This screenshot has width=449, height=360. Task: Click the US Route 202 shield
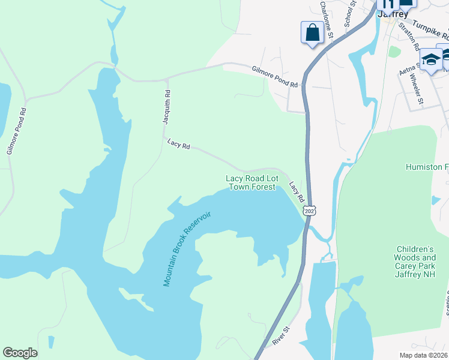click(x=309, y=211)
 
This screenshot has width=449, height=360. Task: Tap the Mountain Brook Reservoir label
click(x=187, y=248)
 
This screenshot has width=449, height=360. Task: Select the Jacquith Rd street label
click(x=167, y=107)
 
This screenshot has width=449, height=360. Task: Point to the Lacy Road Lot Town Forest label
click(x=252, y=182)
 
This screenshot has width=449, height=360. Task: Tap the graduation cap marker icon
click(x=430, y=59)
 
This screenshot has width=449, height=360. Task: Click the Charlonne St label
click(x=327, y=20)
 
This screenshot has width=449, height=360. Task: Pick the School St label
click(x=349, y=13)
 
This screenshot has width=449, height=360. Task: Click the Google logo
click(x=20, y=353)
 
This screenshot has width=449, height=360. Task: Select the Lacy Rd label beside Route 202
click(x=296, y=192)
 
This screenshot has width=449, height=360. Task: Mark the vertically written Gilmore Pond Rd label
click(x=17, y=131)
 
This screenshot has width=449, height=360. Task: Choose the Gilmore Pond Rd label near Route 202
click(x=275, y=77)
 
